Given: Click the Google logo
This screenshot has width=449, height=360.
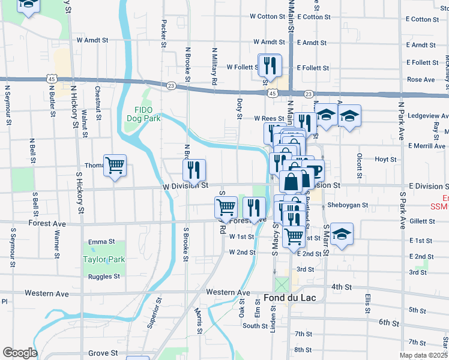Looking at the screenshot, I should click(19, 352).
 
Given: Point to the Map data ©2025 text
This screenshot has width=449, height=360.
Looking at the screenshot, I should click(423, 355).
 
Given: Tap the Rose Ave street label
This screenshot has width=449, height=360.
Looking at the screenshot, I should click(421, 79).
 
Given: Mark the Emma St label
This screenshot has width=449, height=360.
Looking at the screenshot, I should click(101, 242).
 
